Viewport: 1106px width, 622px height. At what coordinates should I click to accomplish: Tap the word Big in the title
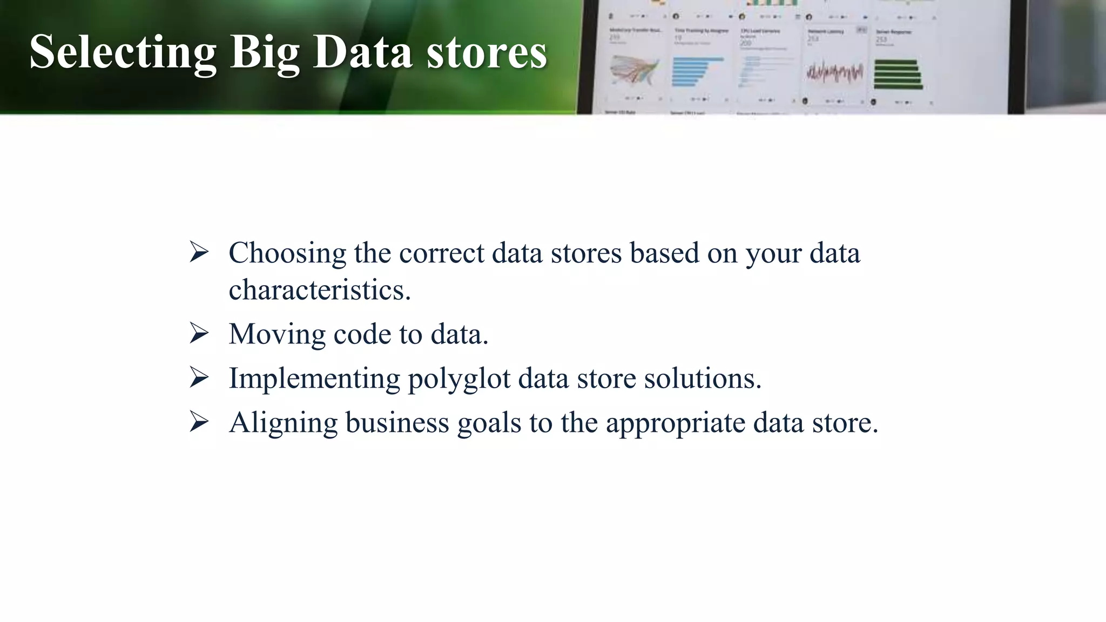point(265,52)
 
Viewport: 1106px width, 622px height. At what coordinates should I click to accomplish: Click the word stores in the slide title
point(487,52)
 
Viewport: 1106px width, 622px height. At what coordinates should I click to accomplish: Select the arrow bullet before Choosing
point(199,252)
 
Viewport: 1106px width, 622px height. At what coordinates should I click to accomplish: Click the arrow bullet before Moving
point(199,333)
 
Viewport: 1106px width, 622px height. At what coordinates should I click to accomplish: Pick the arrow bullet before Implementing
point(199,377)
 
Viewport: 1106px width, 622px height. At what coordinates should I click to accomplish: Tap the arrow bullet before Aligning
point(199,422)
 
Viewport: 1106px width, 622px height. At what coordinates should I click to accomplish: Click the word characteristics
point(319,290)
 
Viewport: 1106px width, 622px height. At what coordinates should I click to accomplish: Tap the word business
point(397,422)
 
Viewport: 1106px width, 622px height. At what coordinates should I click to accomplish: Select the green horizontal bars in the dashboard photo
point(897,75)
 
